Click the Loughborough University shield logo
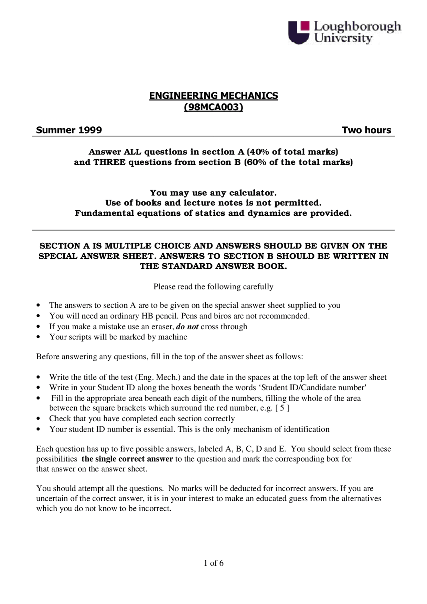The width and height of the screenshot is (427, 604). [298, 32]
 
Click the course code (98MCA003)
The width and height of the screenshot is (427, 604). [213, 107]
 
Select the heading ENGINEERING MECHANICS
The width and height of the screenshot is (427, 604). [213, 96]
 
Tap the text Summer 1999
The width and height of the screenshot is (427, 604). [69, 130]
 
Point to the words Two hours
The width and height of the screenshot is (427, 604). [366, 130]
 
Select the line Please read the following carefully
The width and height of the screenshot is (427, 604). [213, 287]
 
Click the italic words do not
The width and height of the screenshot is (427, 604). [187, 327]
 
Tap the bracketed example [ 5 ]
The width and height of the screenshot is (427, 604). [282, 408]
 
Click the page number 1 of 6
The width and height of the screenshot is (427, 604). [213, 563]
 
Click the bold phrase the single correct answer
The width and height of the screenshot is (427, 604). [127, 459]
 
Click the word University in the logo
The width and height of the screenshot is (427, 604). [343, 38]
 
